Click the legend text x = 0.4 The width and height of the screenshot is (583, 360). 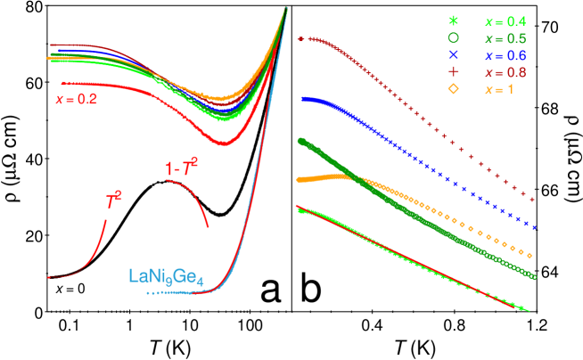[x=505, y=20]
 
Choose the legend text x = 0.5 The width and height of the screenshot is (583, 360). [x=505, y=38]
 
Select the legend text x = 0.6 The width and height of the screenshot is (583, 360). [x=505, y=55]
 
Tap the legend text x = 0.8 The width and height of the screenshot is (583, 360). [x=505, y=72]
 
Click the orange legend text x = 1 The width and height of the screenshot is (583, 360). [x=498, y=90]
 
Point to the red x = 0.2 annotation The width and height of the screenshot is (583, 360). [x=77, y=100]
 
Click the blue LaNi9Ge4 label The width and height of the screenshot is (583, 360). [x=167, y=277]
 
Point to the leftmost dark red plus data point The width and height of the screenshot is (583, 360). [x=300, y=40]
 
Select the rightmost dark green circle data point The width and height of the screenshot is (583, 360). [x=534, y=277]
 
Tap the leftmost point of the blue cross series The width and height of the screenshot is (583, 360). [x=302, y=99]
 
